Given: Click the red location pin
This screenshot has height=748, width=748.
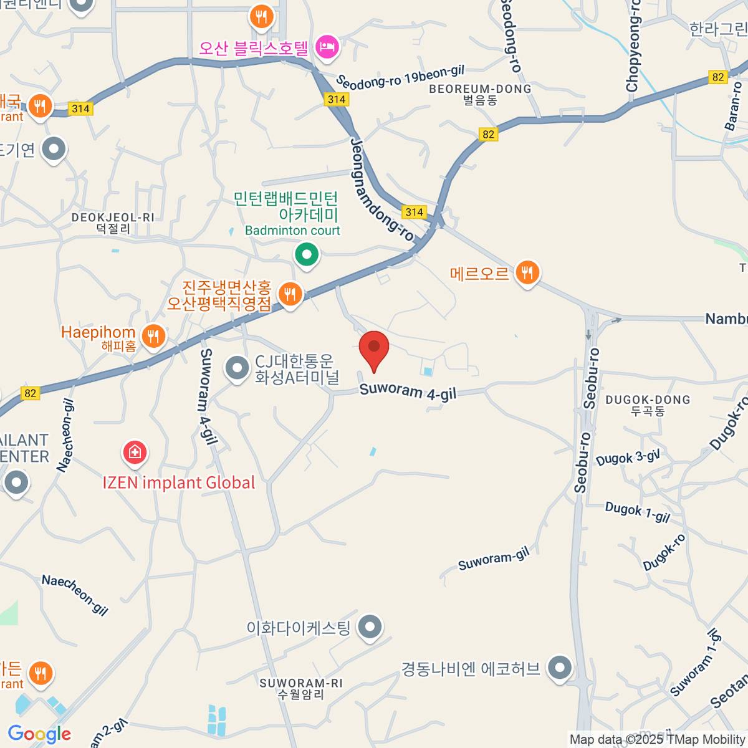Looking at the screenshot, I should (374, 347).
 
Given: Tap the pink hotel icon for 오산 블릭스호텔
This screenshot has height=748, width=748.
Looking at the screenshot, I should (327, 46).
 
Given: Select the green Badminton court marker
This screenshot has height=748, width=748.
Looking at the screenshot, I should (306, 254).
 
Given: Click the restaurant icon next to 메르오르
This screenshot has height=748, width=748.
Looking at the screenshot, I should (527, 272).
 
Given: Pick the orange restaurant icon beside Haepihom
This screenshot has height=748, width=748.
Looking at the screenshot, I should (153, 337).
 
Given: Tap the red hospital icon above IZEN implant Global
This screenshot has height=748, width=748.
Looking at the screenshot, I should (135, 452).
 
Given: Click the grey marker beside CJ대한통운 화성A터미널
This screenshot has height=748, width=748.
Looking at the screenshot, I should (237, 368).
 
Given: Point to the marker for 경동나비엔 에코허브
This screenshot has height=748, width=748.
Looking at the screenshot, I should (560, 668).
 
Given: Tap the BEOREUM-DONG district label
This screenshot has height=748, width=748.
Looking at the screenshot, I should (480, 94).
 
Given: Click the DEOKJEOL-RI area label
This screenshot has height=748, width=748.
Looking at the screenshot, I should (113, 223).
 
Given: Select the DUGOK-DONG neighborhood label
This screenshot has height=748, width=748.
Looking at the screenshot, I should (648, 405).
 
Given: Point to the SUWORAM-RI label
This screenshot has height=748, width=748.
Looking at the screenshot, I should (301, 688).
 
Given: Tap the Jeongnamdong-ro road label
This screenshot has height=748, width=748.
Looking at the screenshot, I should (381, 189).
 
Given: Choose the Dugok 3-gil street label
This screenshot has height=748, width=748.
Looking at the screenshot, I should (628, 458).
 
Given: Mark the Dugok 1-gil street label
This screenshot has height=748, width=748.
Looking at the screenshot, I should (637, 512).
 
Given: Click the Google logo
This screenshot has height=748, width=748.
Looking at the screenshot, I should (39, 734).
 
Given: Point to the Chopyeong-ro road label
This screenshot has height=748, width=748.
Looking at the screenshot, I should (633, 47).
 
